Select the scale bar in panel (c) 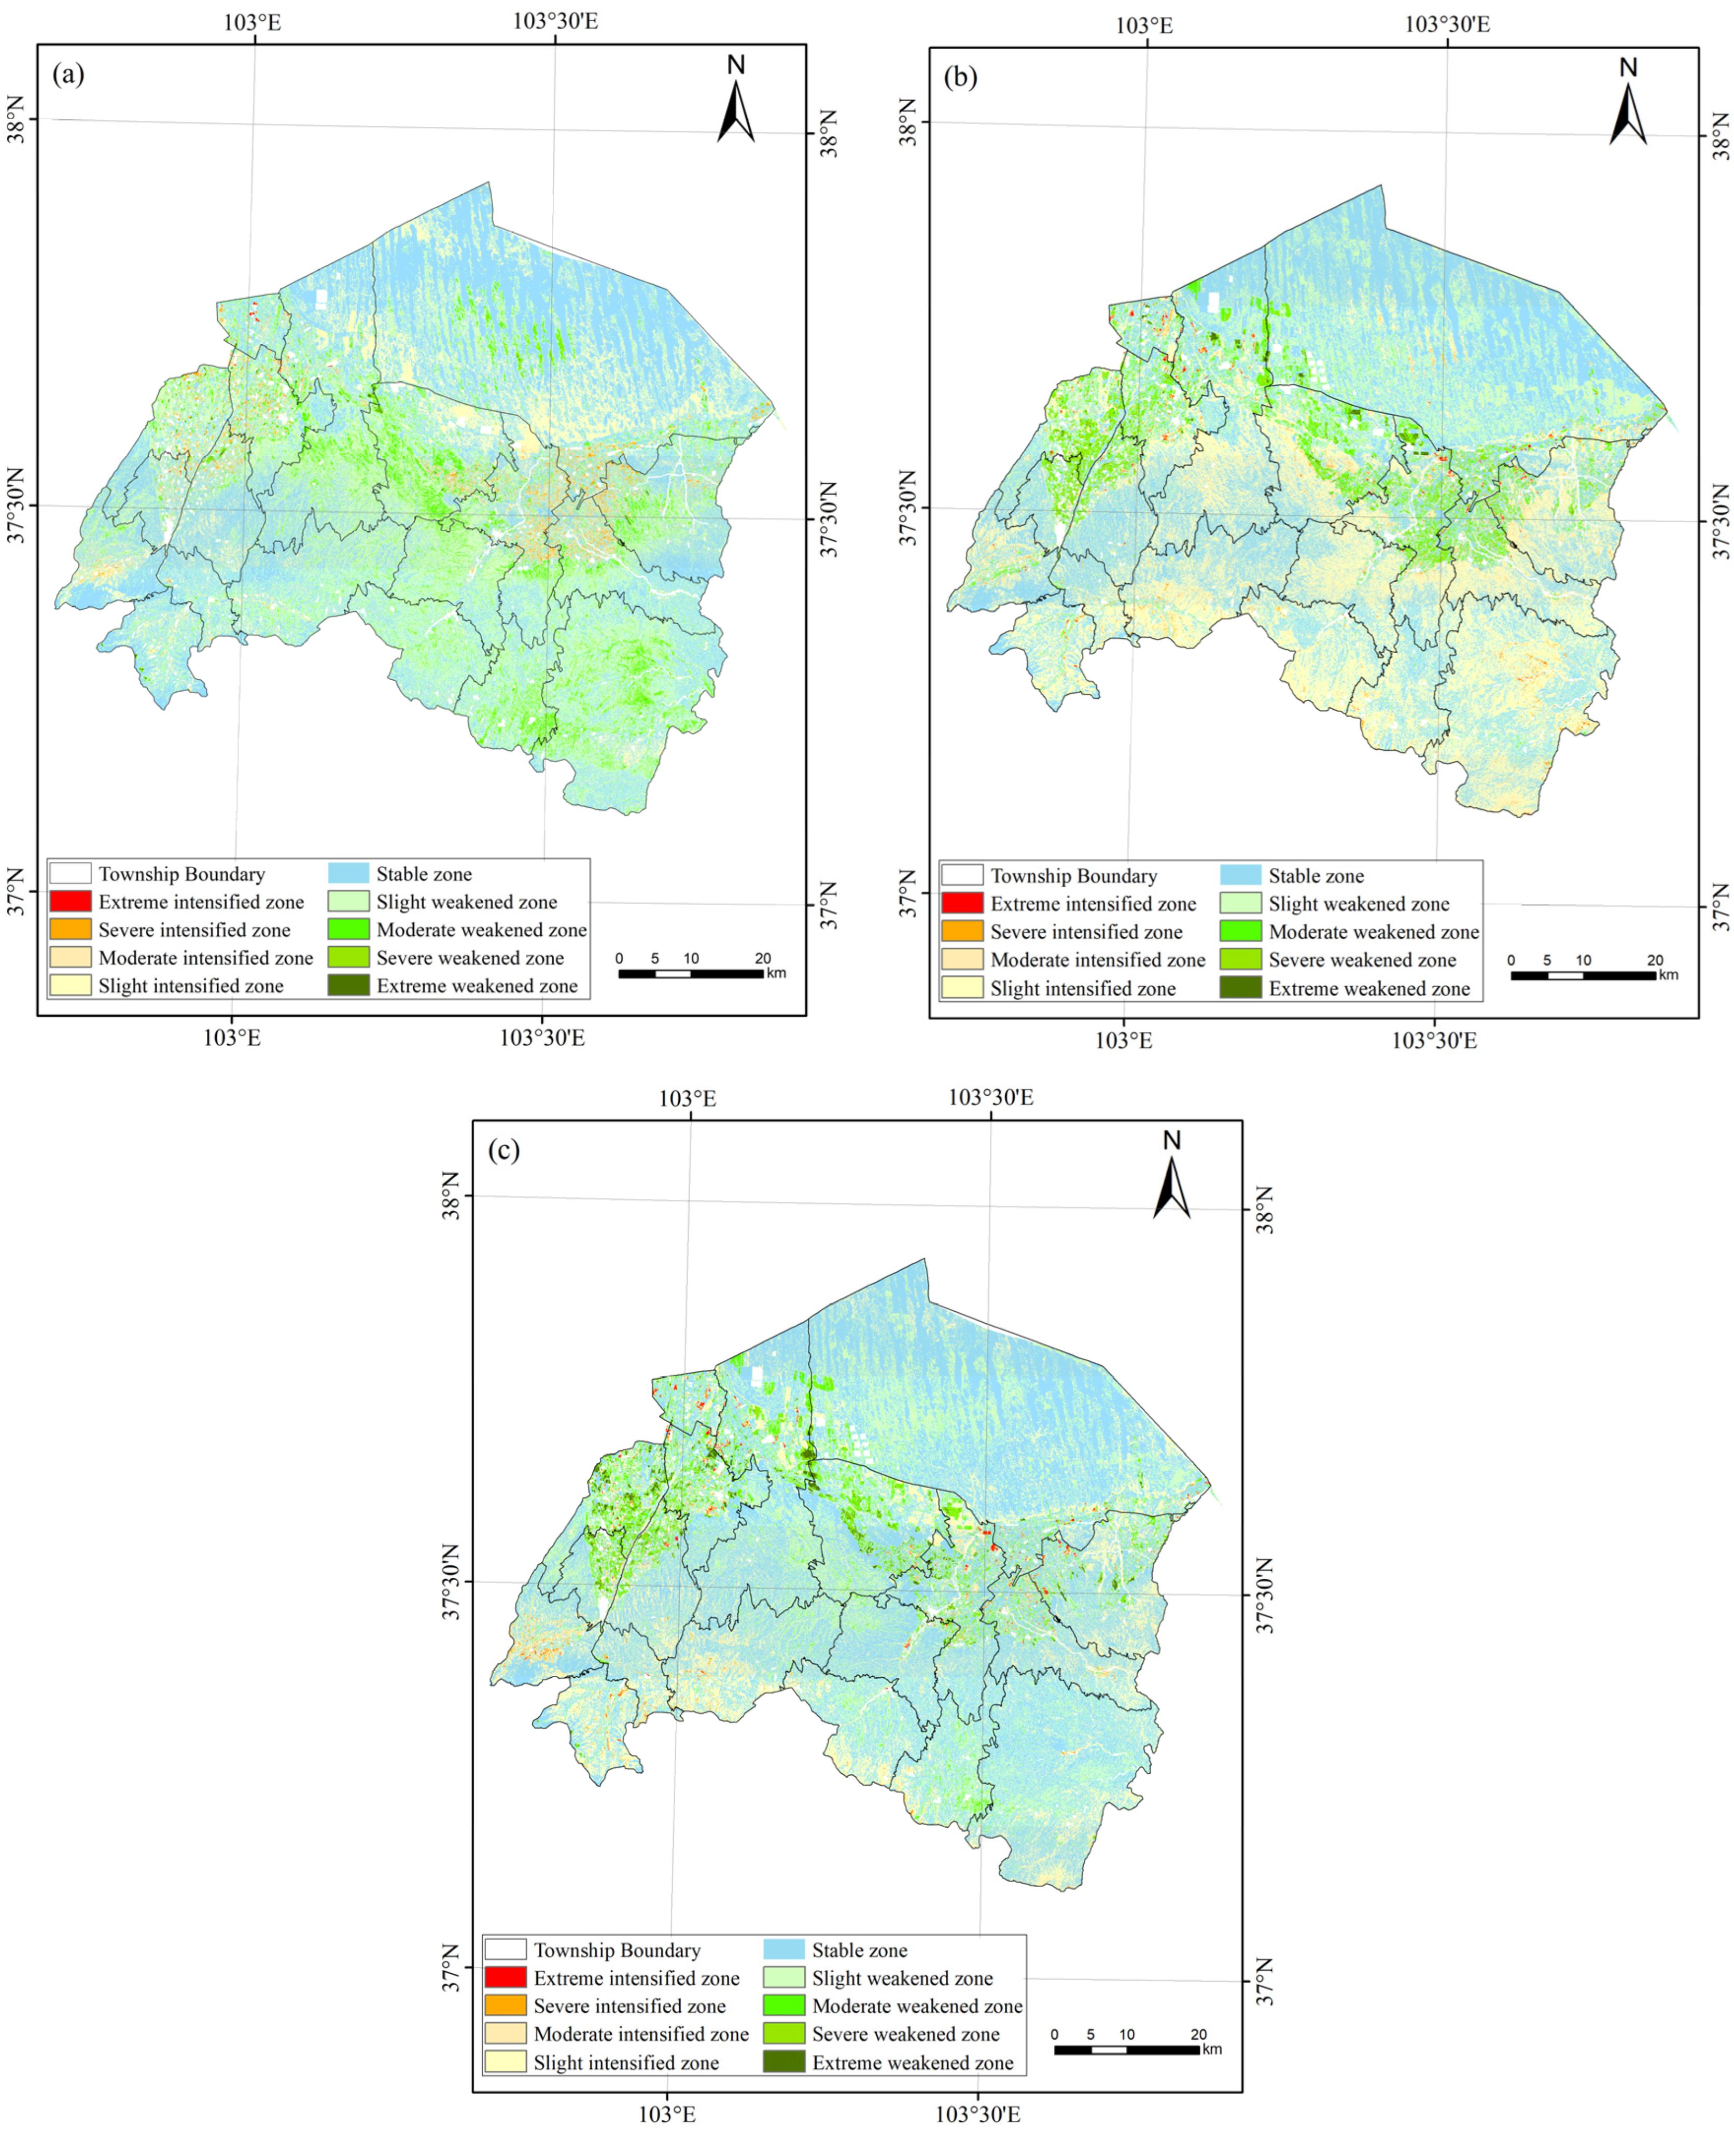[1127, 2049]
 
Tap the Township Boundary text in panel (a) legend [182, 874]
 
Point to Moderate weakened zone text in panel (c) [917, 2006]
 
